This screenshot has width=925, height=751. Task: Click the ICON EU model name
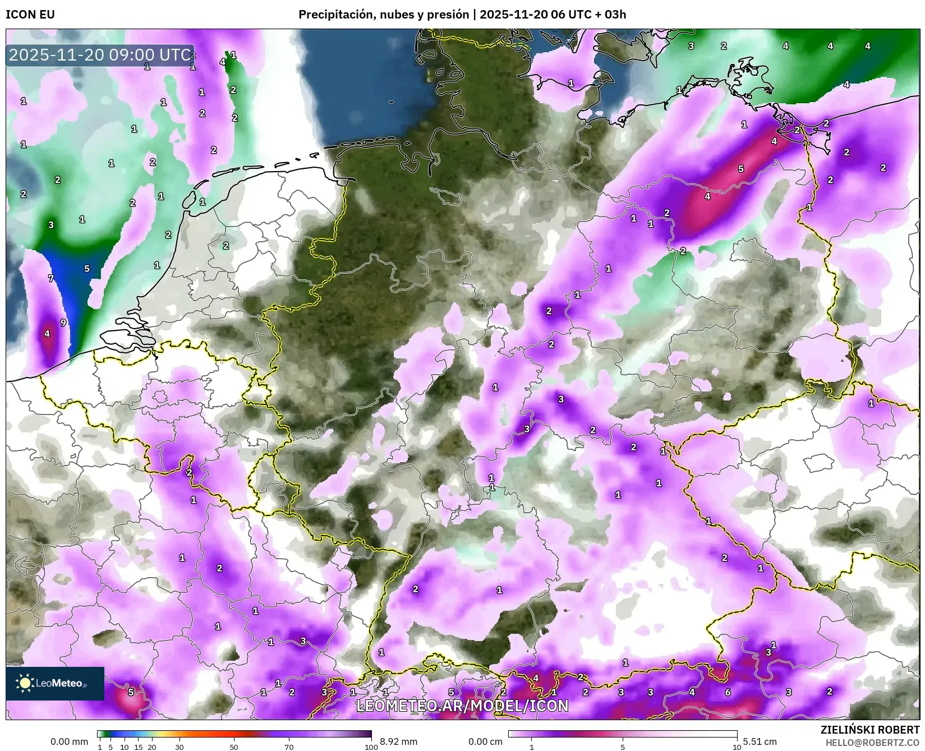(x=30, y=15)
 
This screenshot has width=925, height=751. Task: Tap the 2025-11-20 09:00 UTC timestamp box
(x=100, y=55)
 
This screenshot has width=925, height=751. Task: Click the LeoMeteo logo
(x=55, y=683)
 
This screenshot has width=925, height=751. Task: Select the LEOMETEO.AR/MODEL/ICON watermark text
(x=462, y=706)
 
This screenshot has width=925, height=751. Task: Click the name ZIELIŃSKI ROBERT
(x=870, y=730)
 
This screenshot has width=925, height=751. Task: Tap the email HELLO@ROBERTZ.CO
(x=872, y=742)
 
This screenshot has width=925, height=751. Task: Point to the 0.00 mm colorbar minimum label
(x=69, y=741)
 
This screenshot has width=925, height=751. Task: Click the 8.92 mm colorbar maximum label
(x=398, y=741)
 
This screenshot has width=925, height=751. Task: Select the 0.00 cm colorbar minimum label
(x=485, y=741)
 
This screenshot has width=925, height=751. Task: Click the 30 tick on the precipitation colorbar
(x=179, y=747)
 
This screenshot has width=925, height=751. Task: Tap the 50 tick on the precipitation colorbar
(x=234, y=747)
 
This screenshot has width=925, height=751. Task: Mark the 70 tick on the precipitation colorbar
(x=289, y=747)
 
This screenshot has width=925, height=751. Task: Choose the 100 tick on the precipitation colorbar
(x=371, y=747)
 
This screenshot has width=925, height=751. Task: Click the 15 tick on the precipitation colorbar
(x=138, y=747)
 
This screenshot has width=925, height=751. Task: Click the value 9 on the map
(x=63, y=322)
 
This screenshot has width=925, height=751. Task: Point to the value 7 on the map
(x=51, y=278)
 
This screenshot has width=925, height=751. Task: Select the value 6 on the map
(x=728, y=692)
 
